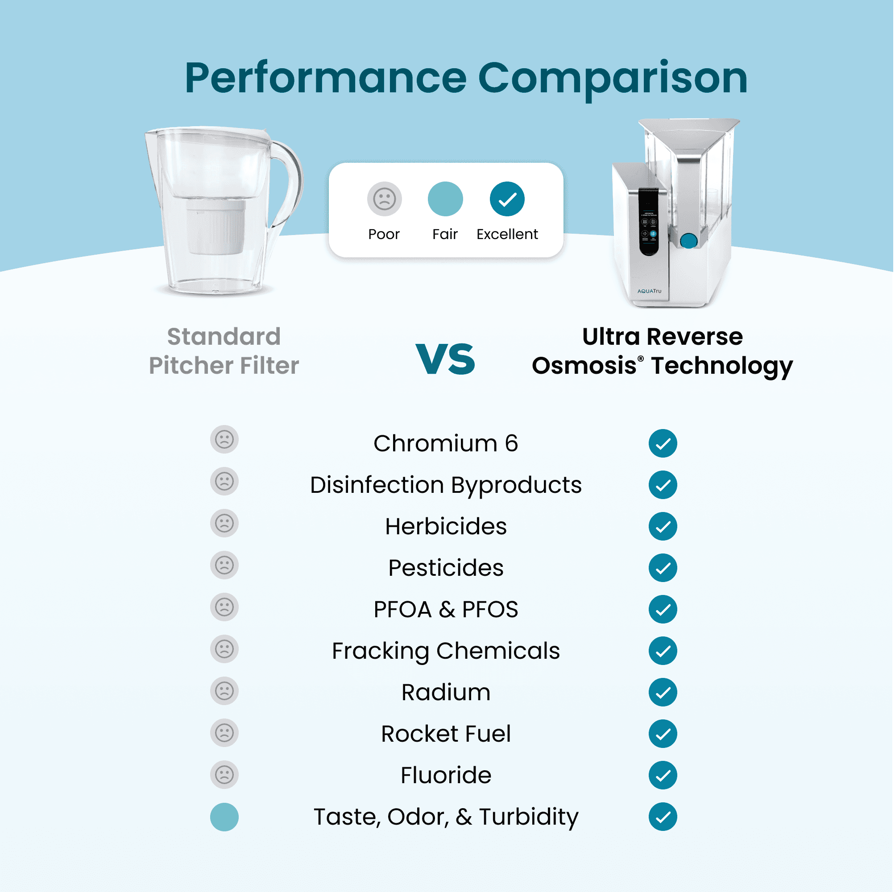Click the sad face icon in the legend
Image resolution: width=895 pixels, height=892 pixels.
click(x=385, y=199)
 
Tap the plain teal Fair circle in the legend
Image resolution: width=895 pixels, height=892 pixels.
click(x=445, y=199)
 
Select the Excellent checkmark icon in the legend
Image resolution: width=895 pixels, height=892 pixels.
click(x=507, y=199)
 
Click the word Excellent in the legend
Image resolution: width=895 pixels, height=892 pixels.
click(x=507, y=234)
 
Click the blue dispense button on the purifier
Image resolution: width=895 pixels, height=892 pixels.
click(x=689, y=241)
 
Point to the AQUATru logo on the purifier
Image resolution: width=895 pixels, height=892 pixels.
click(x=650, y=291)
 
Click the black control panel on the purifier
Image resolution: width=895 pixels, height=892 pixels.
click(x=649, y=221)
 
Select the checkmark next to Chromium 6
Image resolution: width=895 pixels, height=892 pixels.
click(x=663, y=444)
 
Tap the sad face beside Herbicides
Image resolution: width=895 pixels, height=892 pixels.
click(x=225, y=524)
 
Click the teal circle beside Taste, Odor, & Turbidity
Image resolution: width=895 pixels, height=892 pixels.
click(x=225, y=817)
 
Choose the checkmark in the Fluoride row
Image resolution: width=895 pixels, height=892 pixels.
click(x=663, y=775)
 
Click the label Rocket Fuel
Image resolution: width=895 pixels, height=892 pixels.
click(x=446, y=734)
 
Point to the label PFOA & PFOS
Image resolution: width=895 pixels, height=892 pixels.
click(x=446, y=610)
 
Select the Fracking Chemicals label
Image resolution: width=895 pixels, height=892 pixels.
click(x=446, y=651)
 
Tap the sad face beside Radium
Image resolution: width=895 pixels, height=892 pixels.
click(x=225, y=691)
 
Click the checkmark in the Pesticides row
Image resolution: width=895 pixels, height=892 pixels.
click(x=663, y=568)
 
